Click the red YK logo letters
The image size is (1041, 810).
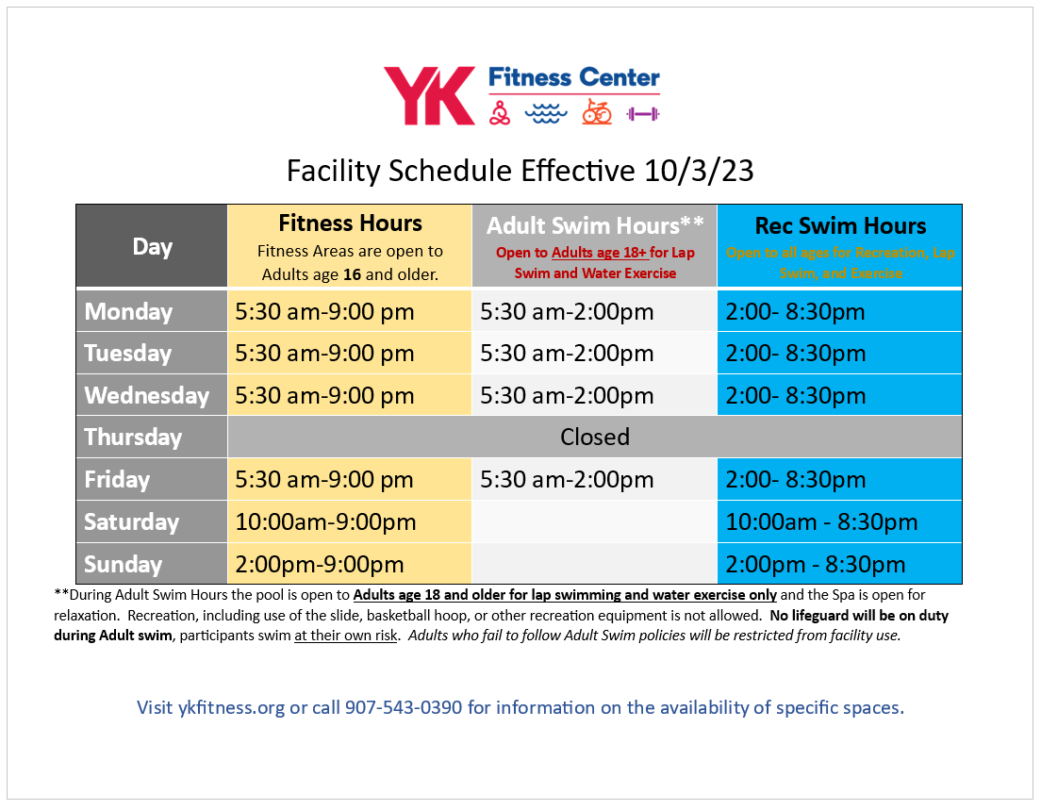[429, 95]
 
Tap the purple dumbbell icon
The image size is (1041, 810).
[643, 114]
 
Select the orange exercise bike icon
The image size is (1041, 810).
[596, 112]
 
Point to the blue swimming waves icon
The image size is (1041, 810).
[547, 113]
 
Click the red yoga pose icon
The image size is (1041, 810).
[501, 113]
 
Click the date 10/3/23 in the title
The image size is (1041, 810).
[700, 171]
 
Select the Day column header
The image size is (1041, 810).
[152, 247]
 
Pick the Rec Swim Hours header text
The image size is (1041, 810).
[840, 226]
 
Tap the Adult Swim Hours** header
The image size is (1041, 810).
[595, 226]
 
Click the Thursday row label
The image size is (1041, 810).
[133, 438]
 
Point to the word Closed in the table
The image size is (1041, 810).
[595, 438]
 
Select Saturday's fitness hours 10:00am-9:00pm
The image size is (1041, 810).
[325, 522]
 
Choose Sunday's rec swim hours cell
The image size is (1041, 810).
[816, 565]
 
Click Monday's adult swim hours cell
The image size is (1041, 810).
[567, 312]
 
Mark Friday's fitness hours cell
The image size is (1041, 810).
[324, 480]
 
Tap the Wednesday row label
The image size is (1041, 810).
[146, 395]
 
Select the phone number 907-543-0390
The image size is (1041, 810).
[404, 707]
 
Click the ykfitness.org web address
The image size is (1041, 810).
[231, 707]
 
